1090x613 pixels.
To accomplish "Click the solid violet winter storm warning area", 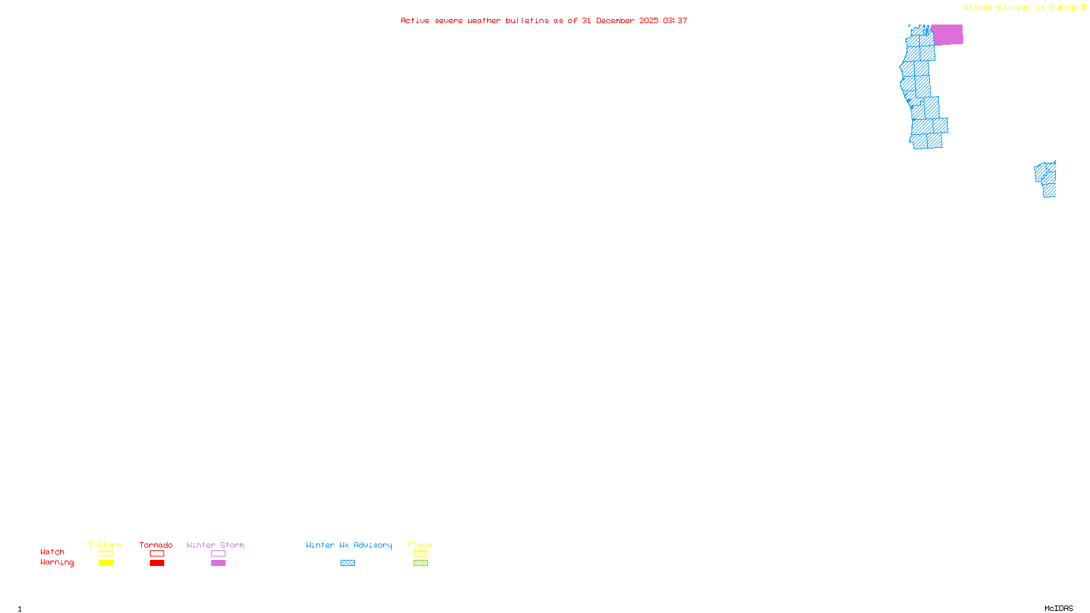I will point(947,35).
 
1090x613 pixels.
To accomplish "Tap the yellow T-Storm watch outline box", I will point(106,554).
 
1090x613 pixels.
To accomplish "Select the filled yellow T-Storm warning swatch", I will point(106,563).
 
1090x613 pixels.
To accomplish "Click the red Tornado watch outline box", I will point(157,554).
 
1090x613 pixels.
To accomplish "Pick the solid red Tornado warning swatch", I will point(157,563).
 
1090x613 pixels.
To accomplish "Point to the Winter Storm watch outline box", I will point(218,554).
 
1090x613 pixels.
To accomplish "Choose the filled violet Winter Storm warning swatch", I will point(218,563).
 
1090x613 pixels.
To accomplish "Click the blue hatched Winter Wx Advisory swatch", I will point(347,563).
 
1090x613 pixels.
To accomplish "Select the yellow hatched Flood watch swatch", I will point(420,554).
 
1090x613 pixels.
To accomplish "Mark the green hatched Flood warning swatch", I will point(420,563).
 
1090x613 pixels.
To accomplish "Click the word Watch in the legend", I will point(52,552).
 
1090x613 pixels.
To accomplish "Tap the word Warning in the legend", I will point(57,563).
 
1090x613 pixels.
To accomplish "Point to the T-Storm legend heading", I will point(105,545).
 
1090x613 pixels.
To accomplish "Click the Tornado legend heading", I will point(156,545).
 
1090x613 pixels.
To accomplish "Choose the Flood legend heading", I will point(420,545).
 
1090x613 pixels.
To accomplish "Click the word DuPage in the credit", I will point(1063,8).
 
